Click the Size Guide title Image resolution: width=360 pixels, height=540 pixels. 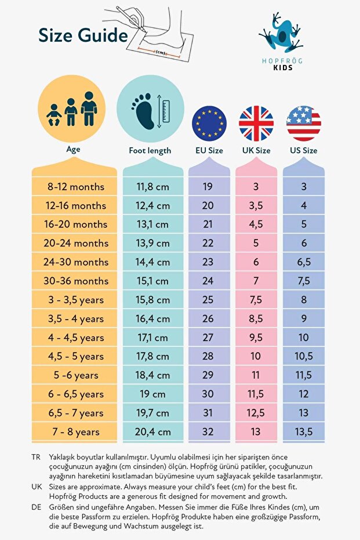click(83, 36)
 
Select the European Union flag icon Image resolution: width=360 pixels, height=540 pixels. click(209, 124)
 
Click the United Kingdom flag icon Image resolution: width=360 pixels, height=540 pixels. click(256, 124)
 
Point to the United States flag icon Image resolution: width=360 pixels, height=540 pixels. click(303, 124)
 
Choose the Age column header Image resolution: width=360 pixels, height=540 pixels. click(73, 149)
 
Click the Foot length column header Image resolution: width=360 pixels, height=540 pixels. click(150, 150)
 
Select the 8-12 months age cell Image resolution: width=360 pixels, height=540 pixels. click(76, 187)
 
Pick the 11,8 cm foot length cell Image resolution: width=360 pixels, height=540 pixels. click(153, 187)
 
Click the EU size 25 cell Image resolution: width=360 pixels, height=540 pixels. click(208, 300)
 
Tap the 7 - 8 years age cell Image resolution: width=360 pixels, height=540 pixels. click(76, 432)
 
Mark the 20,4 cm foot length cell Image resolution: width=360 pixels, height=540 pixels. click(153, 432)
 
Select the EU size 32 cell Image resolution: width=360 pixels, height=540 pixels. click(208, 432)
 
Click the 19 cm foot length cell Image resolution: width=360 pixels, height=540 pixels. click(153, 394)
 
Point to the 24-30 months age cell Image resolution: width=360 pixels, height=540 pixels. click(76, 262)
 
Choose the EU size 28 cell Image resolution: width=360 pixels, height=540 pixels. click(208, 357)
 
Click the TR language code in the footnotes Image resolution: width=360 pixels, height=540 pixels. click(37, 458)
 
